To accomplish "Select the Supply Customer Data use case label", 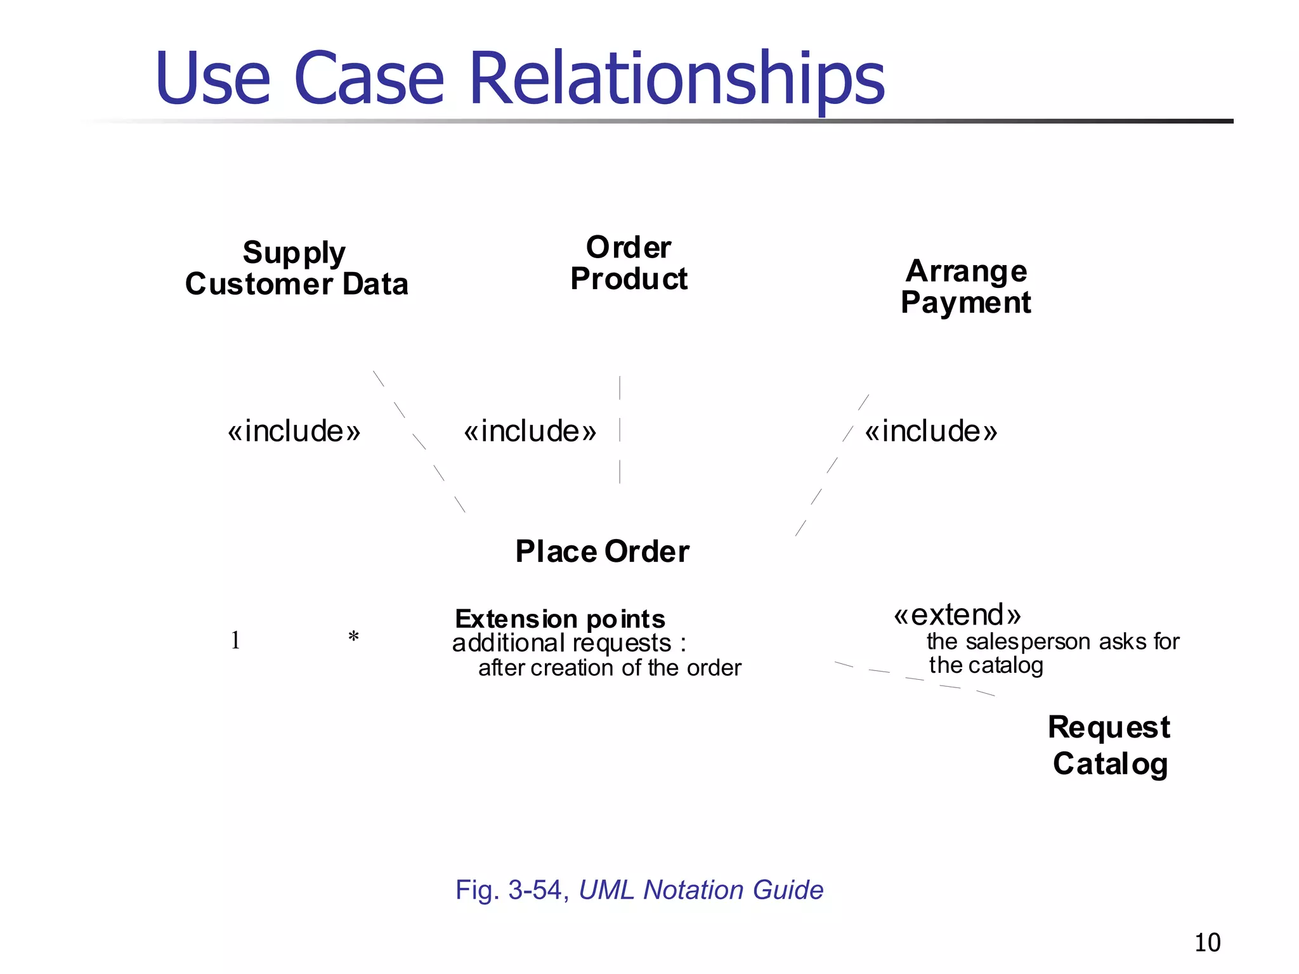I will tap(296, 268).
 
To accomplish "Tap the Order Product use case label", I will tap(629, 263).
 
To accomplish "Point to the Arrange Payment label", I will tap(966, 287).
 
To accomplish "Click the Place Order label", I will tap(602, 551).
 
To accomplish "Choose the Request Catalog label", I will tap(1109, 745).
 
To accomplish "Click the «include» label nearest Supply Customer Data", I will tap(294, 431).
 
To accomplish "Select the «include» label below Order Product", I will tap(530, 431).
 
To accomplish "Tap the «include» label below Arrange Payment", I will tap(930, 431).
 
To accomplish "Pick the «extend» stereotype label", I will tap(957, 614).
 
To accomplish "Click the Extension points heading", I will tap(560, 618).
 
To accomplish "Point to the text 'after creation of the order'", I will tap(610, 668).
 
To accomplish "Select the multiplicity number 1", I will tap(235, 640).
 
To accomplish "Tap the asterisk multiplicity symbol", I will tap(353, 637).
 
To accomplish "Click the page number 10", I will tap(1207, 943).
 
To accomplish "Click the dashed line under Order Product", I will tap(620, 430).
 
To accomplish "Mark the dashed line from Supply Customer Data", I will tap(419, 441).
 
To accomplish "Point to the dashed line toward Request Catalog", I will tap(915, 679).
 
